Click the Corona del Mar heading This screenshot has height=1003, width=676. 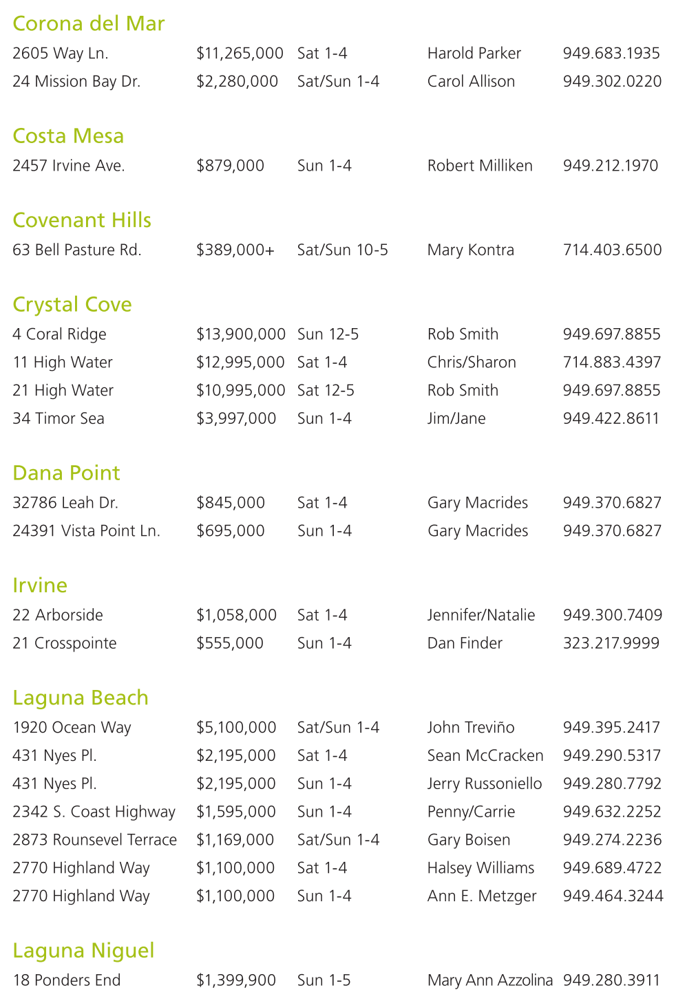click(x=88, y=24)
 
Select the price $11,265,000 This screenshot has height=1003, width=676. click(x=240, y=54)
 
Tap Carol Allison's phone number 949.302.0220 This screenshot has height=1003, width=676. click(x=612, y=82)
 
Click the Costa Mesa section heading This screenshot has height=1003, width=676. click(x=68, y=136)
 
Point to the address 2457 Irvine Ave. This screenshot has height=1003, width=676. click(x=69, y=166)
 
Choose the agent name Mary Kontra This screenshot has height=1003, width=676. click(x=470, y=250)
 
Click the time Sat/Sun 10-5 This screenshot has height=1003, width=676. click(x=342, y=250)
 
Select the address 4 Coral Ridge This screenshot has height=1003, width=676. click(x=59, y=334)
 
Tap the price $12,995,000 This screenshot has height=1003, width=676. click(x=240, y=363)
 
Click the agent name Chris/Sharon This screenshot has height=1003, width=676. click(x=472, y=363)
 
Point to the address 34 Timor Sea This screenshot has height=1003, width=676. click(x=59, y=419)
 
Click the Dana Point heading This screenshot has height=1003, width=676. click(x=66, y=473)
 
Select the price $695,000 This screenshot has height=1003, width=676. click(x=231, y=531)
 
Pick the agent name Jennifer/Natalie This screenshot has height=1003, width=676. click(x=481, y=615)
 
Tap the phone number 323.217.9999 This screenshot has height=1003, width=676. click(x=611, y=643)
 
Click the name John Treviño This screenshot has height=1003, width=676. click(x=471, y=728)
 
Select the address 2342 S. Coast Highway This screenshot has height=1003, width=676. click(x=94, y=812)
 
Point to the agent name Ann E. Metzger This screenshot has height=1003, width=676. click(x=482, y=896)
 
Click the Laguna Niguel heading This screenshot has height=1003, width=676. click(x=83, y=951)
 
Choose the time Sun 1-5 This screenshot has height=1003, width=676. click(x=324, y=980)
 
